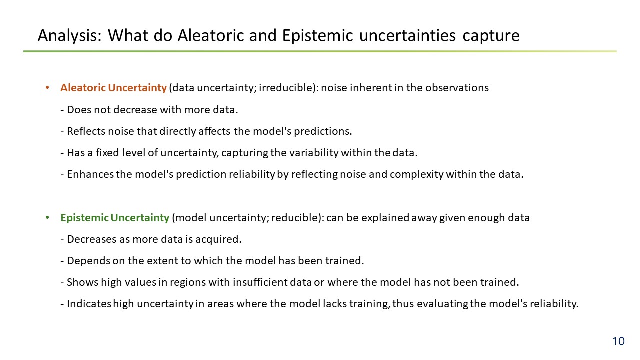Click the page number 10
618,341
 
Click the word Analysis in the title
69,36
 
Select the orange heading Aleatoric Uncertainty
113,88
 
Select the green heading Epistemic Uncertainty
115,218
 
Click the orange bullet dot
47,87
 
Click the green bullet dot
47,217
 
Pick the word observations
457,88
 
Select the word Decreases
92,239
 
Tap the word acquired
218,239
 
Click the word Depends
88,261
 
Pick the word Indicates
89,304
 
